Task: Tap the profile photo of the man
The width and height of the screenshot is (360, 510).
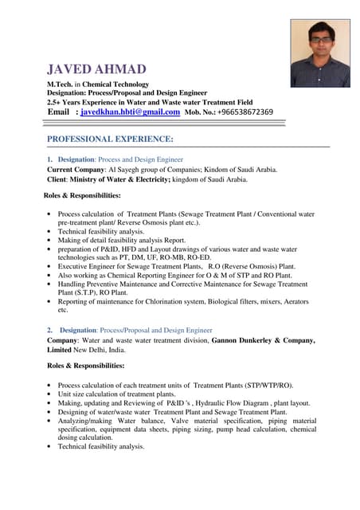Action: point(319,53)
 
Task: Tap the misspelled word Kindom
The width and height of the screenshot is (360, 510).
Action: point(220,170)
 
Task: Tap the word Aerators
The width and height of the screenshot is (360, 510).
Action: point(292,302)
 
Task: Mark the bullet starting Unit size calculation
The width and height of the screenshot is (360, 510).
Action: point(116,394)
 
